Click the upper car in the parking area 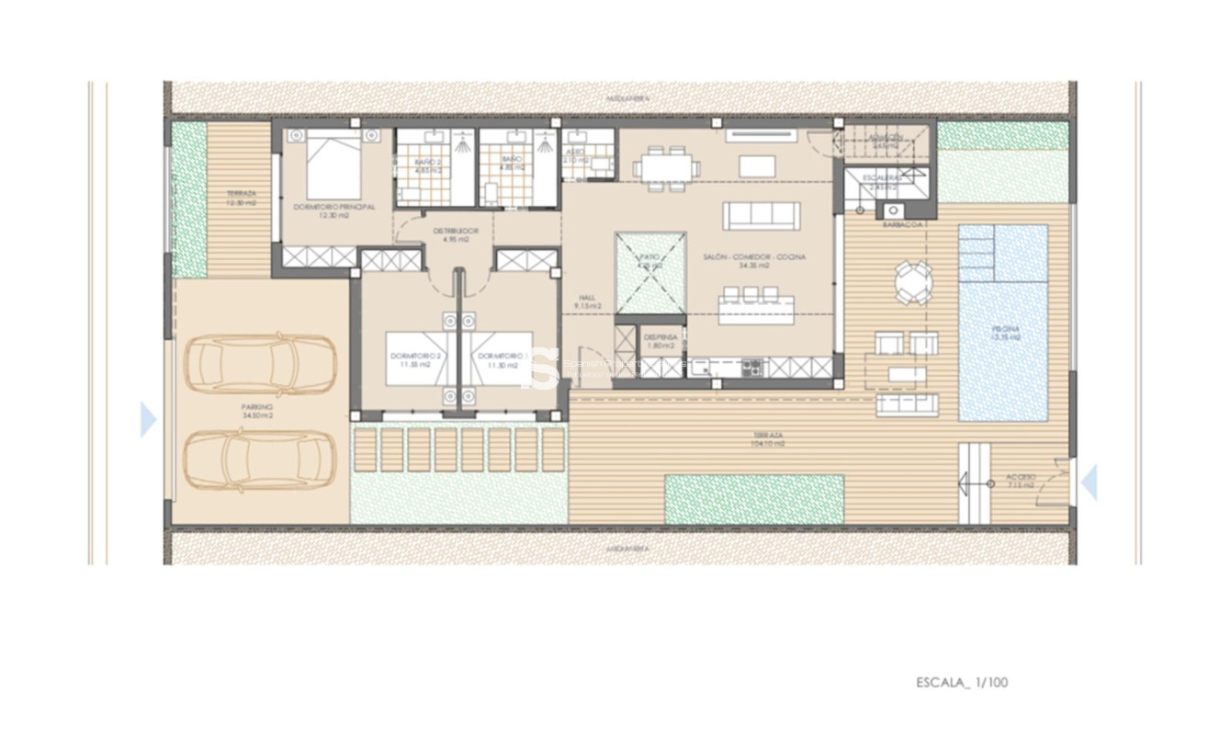261,366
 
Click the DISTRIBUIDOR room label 456,234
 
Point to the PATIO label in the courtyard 649,261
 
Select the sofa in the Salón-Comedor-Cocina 760,216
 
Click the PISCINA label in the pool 1005,333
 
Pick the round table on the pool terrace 913,282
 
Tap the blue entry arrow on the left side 148,419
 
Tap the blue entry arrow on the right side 1089,482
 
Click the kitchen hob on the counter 752,368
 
